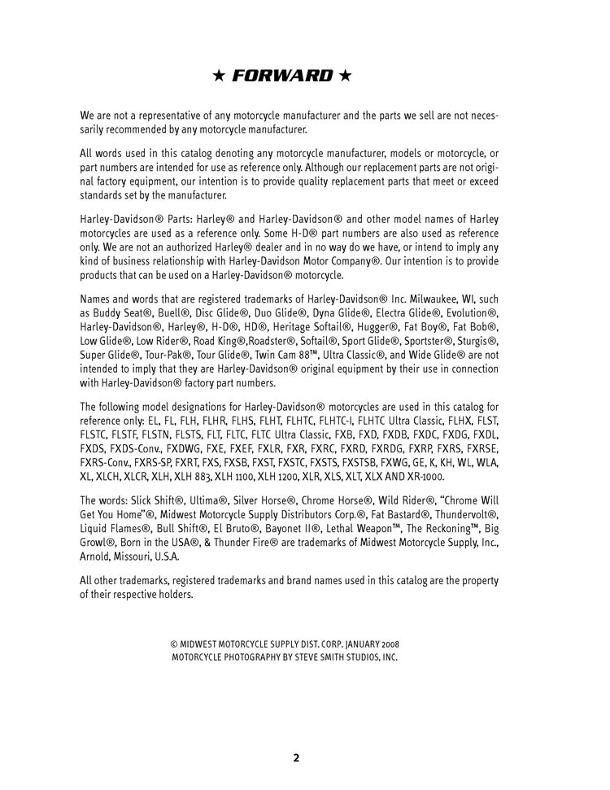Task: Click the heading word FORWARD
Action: pyautogui.click(x=282, y=76)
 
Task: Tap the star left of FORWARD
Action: pyautogui.click(x=218, y=76)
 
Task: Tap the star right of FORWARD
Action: pyautogui.click(x=346, y=76)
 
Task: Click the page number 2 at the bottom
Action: pyautogui.click(x=296, y=757)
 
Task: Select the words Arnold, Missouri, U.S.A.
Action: pyautogui.click(x=129, y=557)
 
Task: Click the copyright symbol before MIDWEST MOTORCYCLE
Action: pyautogui.click(x=174, y=645)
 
